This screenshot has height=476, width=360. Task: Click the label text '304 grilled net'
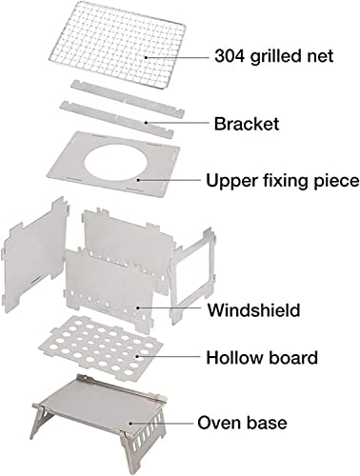click(274, 56)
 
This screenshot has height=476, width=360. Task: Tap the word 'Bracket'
click(247, 124)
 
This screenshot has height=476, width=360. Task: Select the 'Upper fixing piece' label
click(283, 181)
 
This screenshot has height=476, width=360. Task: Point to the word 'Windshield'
click(253, 309)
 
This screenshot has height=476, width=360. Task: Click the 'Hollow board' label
click(262, 357)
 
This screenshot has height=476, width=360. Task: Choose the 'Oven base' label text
click(242, 423)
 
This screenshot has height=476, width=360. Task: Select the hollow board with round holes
click(100, 346)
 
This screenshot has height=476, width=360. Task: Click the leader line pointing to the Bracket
click(176, 123)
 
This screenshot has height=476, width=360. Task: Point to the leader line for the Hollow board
click(169, 356)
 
